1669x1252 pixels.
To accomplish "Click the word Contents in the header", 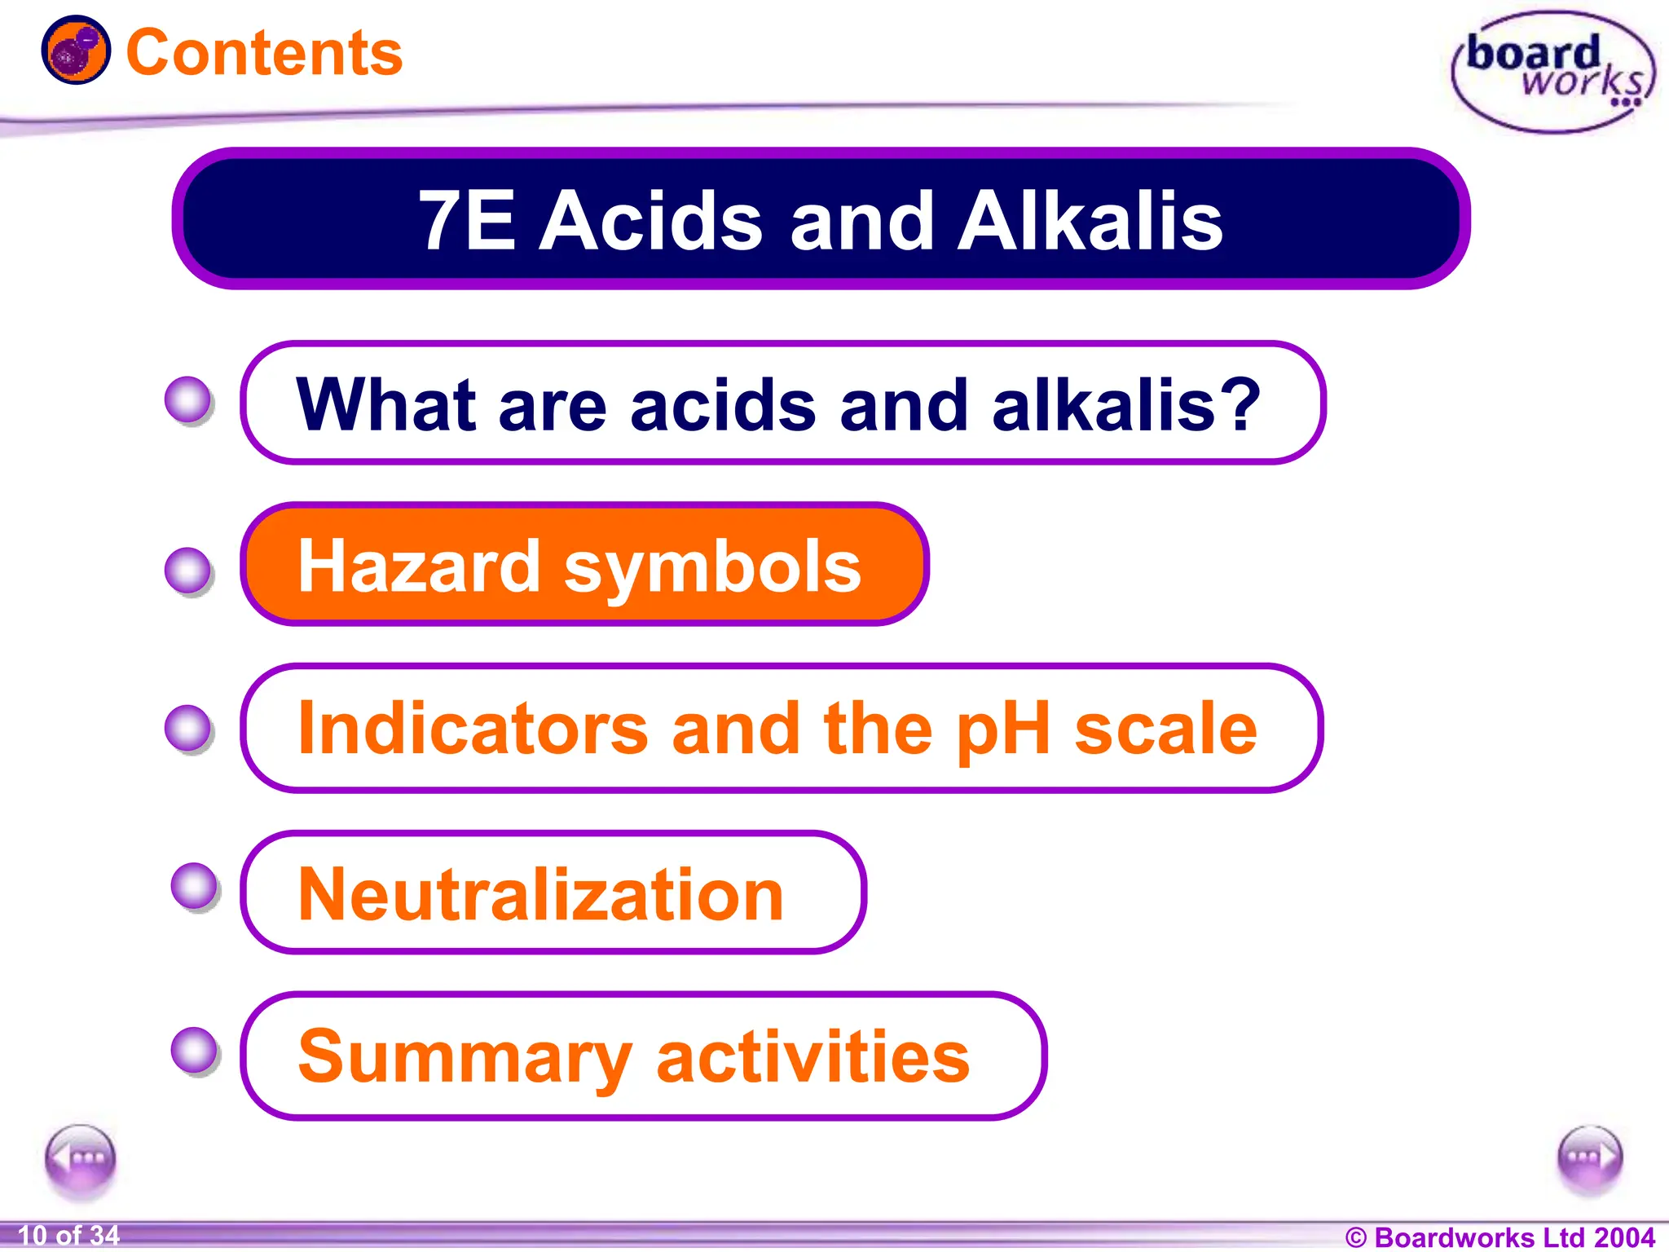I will pos(264,53).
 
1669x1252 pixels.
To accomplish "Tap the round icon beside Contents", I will pos(76,51).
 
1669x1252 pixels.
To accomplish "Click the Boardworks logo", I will pos(1553,72).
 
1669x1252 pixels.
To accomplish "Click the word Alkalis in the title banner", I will pos(1090,220).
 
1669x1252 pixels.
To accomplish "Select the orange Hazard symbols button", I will pos(583,565).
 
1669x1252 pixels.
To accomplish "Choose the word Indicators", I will pos(473,728).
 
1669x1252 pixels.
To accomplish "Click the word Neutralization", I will pos(540,895).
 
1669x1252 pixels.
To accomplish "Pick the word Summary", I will pos(465,1057).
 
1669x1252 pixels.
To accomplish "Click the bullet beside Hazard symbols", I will pos(188,570).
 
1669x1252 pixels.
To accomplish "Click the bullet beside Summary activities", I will pos(195,1050).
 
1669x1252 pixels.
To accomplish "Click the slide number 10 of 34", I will pos(68,1235).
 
